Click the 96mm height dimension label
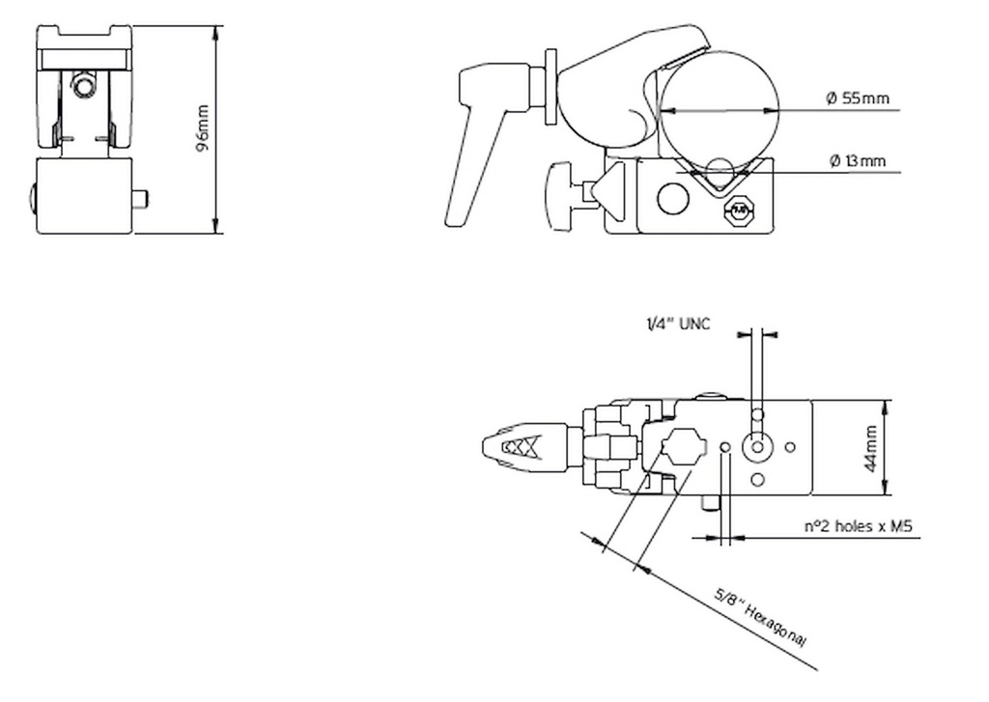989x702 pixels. pyautogui.click(x=203, y=130)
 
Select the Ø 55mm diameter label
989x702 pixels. pyautogui.click(x=858, y=99)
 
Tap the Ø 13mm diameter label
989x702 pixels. pyautogui.click(x=858, y=161)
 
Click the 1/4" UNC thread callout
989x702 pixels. pyautogui.click(x=678, y=324)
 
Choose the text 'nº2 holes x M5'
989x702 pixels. pyautogui.click(x=859, y=526)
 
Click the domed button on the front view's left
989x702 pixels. pyautogui.click(x=32, y=198)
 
